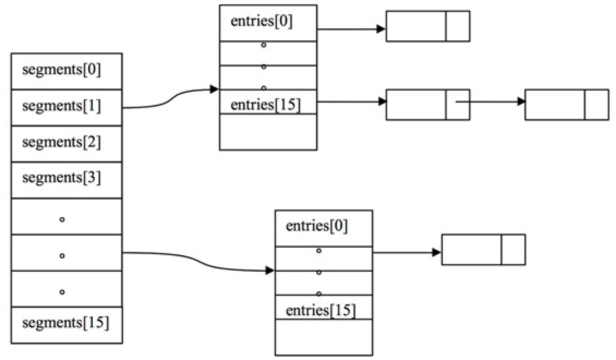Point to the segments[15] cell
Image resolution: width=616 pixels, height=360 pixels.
(67, 324)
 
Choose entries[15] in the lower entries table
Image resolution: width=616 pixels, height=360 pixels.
(321, 311)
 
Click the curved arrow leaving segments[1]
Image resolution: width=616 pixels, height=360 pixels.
(169, 99)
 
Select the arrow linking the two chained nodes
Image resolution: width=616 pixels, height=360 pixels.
(491, 101)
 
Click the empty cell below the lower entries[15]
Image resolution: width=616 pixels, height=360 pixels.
(323, 337)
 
